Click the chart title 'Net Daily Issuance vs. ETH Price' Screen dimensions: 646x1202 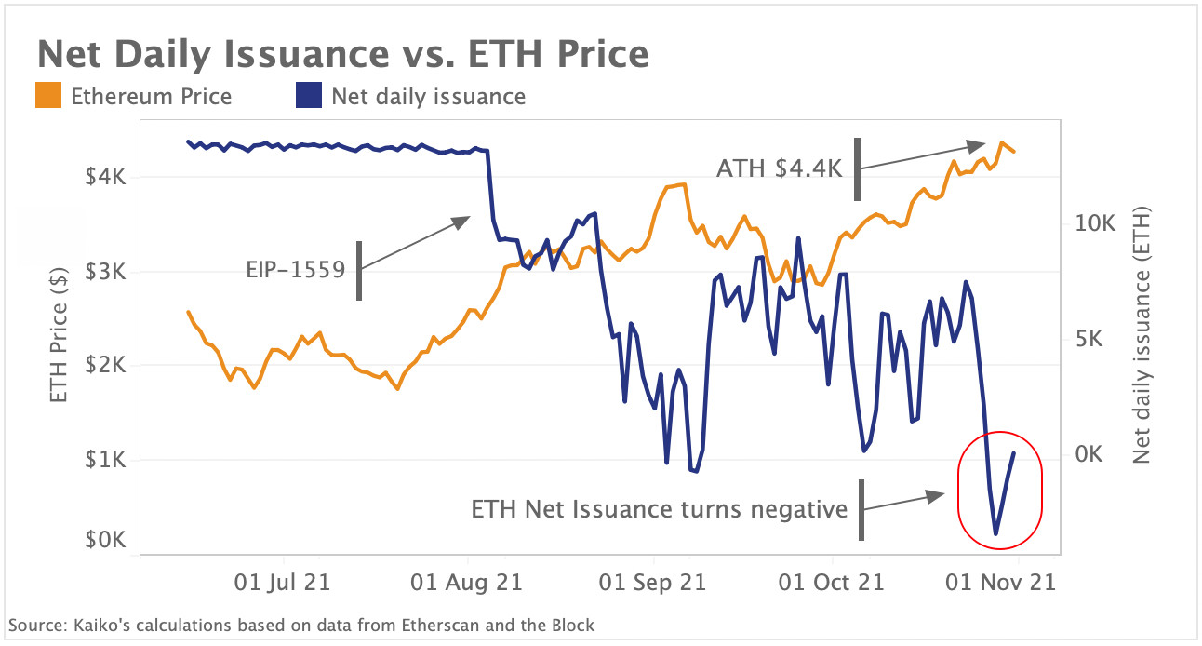pyautogui.click(x=342, y=54)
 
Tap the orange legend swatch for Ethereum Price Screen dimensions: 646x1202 pyautogui.click(x=49, y=96)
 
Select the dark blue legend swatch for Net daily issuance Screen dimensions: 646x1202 pyautogui.click(x=309, y=96)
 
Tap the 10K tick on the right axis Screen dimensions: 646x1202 pyautogui.click(x=1094, y=224)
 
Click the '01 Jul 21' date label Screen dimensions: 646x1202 pyautogui.click(x=281, y=583)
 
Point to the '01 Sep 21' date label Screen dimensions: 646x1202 pyautogui.click(x=652, y=583)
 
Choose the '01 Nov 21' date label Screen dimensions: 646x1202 pyautogui.click(x=1000, y=583)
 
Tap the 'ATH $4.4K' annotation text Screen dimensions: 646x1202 pyautogui.click(x=779, y=168)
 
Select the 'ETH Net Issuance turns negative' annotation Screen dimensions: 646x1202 pyautogui.click(x=659, y=509)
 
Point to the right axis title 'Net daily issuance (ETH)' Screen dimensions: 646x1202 pyautogui.click(x=1142, y=336)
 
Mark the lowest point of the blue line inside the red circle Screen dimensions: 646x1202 pyautogui.click(x=995, y=534)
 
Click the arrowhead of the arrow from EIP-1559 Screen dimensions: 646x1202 pyautogui.click(x=465, y=221)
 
